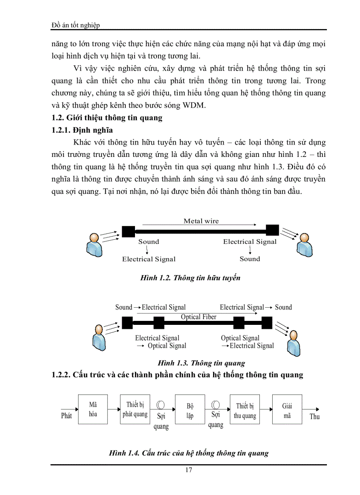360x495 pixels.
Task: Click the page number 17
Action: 188,469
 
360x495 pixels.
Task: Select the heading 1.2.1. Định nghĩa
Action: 82,130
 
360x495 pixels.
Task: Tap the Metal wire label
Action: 201,221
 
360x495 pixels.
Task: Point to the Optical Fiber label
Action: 199,317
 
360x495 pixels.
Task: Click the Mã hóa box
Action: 93,409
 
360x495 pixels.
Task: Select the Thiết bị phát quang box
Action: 135,409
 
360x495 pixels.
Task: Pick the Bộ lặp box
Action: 190,409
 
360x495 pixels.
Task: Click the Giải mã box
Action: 287,409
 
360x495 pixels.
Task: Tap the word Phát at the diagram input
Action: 66,415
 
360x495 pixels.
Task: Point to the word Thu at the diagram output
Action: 315,416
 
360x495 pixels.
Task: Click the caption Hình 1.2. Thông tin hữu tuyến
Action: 190,278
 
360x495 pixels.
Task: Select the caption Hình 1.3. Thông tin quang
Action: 201,363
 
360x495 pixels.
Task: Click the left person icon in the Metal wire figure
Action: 94,245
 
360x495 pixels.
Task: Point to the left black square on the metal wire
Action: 128,231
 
